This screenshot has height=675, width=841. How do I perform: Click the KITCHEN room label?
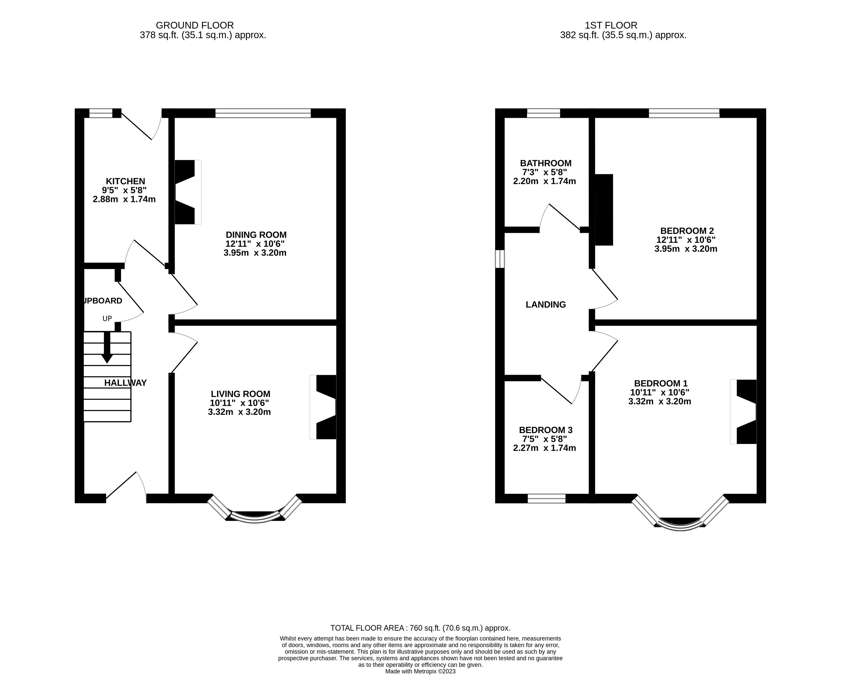125,181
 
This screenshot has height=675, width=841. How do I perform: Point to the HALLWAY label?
125,383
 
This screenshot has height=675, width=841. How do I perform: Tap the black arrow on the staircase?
107,347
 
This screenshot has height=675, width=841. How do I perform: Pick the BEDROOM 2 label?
687,231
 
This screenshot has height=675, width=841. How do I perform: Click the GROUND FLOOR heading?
195,25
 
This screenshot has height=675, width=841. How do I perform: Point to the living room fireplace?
323,407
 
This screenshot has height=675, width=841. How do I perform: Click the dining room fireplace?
188,192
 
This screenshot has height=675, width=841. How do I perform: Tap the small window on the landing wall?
500,259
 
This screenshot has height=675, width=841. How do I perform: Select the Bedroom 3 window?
547,499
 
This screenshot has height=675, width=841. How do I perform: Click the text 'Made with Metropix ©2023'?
420,671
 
